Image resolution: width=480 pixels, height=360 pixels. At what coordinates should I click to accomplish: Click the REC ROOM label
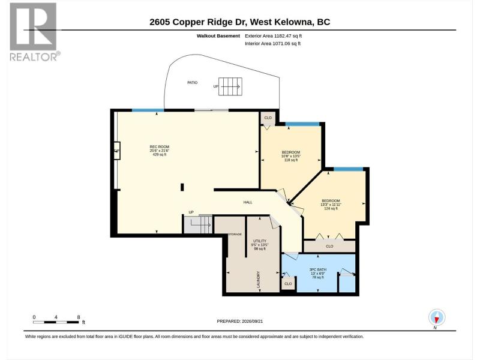[x=159, y=146]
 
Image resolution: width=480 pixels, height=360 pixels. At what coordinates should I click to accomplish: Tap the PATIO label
[x=192, y=83]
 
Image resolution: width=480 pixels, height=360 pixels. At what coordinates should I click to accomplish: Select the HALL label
[x=248, y=202]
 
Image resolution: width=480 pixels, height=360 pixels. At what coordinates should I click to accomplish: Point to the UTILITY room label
[x=260, y=241]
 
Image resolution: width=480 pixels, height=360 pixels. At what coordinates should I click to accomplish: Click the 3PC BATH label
[x=318, y=269]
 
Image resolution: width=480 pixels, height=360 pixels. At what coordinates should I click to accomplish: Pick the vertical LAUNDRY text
[x=258, y=280]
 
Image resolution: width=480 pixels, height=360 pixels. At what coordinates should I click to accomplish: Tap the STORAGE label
[x=235, y=234]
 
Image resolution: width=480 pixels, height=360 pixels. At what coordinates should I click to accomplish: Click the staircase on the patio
[x=230, y=86]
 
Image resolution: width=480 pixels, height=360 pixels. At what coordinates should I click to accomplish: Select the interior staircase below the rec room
[x=198, y=224]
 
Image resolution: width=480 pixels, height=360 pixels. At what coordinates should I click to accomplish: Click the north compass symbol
[x=437, y=318]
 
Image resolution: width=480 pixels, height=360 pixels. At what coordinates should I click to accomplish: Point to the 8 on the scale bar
[x=79, y=317]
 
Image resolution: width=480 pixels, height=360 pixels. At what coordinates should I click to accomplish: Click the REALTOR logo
[x=34, y=32]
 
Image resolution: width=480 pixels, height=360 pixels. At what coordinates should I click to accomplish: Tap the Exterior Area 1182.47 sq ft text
[x=274, y=36]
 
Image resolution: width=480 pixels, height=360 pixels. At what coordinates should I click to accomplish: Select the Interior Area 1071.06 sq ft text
[x=272, y=43]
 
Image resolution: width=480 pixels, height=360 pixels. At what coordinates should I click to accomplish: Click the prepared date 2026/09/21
[x=252, y=321]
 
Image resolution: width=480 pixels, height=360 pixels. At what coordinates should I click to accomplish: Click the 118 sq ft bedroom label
[x=291, y=156]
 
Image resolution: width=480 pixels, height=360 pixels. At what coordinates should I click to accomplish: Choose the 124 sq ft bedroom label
[x=331, y=205]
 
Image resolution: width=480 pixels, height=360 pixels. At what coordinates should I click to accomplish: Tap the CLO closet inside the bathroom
[x=288, y=284]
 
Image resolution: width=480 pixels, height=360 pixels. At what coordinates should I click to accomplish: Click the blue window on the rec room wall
[x=148, y=110]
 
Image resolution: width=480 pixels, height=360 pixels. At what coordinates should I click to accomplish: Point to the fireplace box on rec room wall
[x=117, y=151]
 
